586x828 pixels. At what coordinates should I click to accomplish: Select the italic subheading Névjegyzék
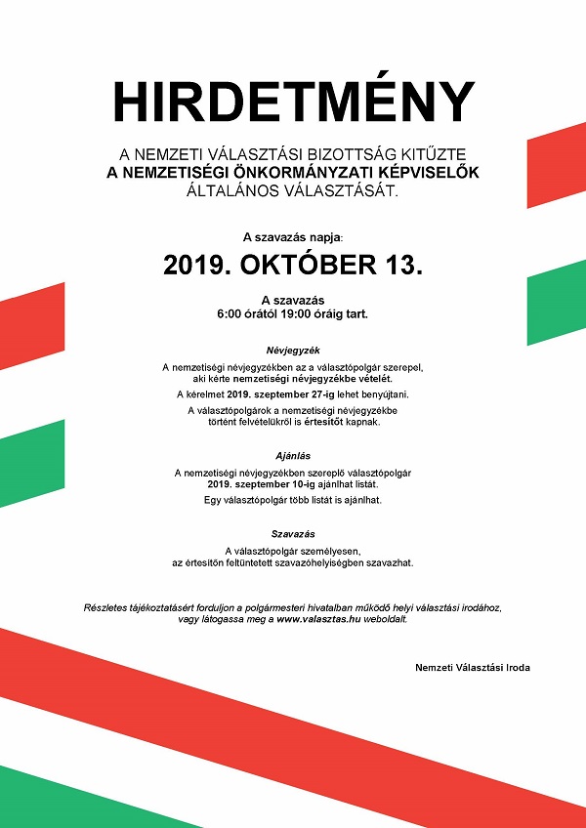(293, 349)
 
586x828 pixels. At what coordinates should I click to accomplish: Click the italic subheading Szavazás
(293, 533)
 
